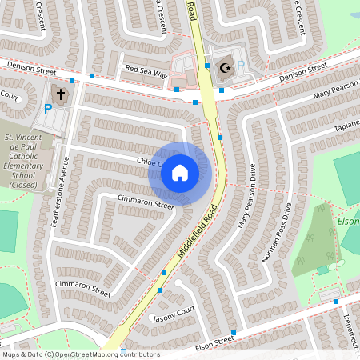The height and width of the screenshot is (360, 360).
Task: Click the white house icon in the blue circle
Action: (x=180, y=173)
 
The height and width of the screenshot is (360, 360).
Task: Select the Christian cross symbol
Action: (x=62, y=94)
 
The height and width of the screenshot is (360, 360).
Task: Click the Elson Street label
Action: (x=213, y=341)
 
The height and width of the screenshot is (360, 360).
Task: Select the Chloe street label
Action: (x=149, y=163)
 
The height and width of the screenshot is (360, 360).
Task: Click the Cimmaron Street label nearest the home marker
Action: (x=145, y=203)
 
